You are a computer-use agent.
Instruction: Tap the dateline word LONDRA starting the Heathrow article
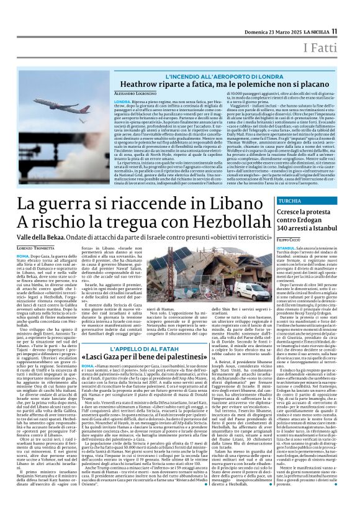(122, 100)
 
